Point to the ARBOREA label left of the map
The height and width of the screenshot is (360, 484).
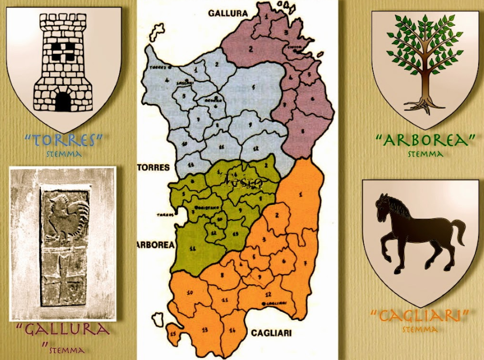[155, 245]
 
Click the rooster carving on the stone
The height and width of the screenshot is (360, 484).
[65, 216]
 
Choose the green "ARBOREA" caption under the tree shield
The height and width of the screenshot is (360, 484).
[425, 141]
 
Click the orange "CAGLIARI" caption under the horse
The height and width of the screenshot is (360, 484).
[420, 316]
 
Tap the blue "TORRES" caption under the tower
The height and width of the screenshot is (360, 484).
[64, 141]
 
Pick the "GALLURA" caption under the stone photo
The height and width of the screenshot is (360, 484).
[63, 329]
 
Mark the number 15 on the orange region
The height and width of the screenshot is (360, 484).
[172, 334]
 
